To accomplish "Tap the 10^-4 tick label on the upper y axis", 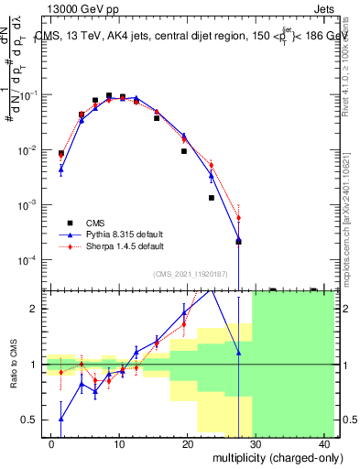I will (30, 260).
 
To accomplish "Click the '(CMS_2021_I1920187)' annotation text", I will (189, 274).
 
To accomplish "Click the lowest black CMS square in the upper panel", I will (238, 241).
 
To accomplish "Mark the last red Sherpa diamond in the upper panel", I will (238, 218).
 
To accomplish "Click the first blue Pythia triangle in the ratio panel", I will (60, 419).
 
